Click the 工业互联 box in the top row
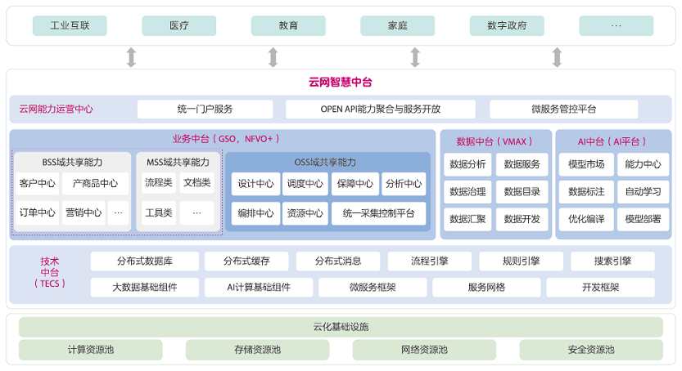pyautogui.click(x=70, y=25)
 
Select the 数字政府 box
pyautogui.click(x=507, y=25)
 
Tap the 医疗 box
pyautogui.click(x=178, y=25)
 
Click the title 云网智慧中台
pyautogui.click(x=340, y=82)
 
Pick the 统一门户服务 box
pyautogui.click(x=205, y=109)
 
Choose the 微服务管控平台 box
pyautogui.click(x=563, y=109)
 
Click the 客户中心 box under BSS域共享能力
pyautogui.click(x=37, y=184)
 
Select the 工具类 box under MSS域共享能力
pyautogui.click(x=159, y=212)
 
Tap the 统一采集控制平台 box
pyautogui.click(x=378, y=213)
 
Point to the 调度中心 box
pyautogui.click(x=305, y=184)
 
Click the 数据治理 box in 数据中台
pyautogui.click(x=467, y=192)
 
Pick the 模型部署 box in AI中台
pyautogui.click(x=643, y=219)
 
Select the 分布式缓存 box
pyautogui.click(x=246, y=261)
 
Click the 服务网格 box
pyautogui.click(x=486, y=288)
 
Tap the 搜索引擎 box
pyautogui.click(x=612, y=261)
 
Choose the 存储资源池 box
pyautogui.click(x=257, y=350)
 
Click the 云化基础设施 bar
pyautogui.click(x=341, y=327)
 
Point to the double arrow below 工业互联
pyautogui.click(x=131, y=57)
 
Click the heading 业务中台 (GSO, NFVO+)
pyautogui.click(x=226, y=139)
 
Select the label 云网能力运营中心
pyautogui.click(x=56, y=109)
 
